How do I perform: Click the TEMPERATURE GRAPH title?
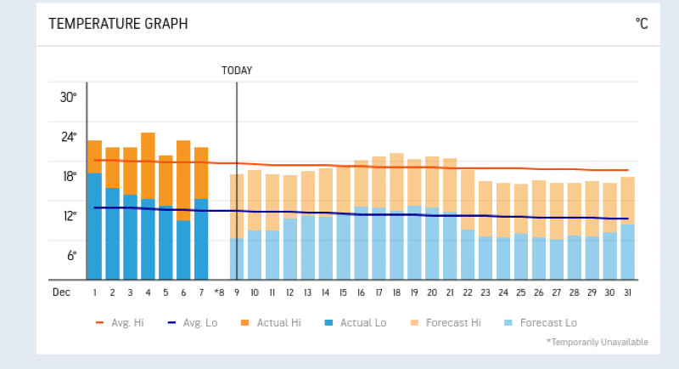pyautogui.click(x=118, y=24)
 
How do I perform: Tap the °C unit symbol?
pyautogui.click(x=641, y=24)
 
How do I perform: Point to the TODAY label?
pyautogui.click(x=237, y=71)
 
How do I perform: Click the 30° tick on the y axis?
pyautogui.click(x=68, y=97)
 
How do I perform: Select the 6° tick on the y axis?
pyautogui.click(x=71, y=255)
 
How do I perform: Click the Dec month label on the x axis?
pyautogui.click(x=61, y=292)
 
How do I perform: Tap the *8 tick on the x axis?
pyautogui.click(x=219, y=292)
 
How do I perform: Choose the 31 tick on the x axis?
pyautogui.click(x=627, y=292)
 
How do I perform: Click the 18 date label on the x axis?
pyautogui.click(x=396, y=292)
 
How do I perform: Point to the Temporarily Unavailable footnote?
pyautogui.click(x=598, y=342)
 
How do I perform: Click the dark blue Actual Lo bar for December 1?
pyautogui.click(x=94, y=226)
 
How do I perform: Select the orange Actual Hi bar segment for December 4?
pyautogui.click(x=148, y=166)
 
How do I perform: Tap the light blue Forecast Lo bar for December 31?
pyautogui.click(x=627, y=252)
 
